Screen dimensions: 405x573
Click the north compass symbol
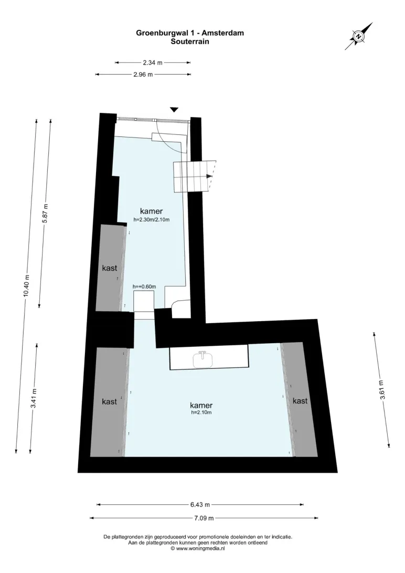point(359,36)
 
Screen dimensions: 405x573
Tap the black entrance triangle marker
point(174,110)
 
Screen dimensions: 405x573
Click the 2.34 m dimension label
point(153,62)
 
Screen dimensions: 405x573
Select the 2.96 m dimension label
point(143,75)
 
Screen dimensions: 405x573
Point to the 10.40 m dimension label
point(26,286)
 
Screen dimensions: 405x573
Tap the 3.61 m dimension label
point(381,390)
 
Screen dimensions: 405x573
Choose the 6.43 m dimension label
point(200,505)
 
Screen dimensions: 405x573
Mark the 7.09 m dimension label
point(204,518)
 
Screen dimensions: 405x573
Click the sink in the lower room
point(202,359)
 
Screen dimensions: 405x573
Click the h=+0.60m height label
point(144,286)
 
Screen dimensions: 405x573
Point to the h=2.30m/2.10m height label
point(152,220)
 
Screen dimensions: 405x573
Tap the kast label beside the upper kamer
point(110,268)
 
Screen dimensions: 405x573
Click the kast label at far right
point(300,401)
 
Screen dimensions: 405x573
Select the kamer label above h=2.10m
point(201,405)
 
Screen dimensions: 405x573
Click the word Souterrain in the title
point(190,41)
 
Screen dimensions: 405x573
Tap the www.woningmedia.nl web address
point(200,548)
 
